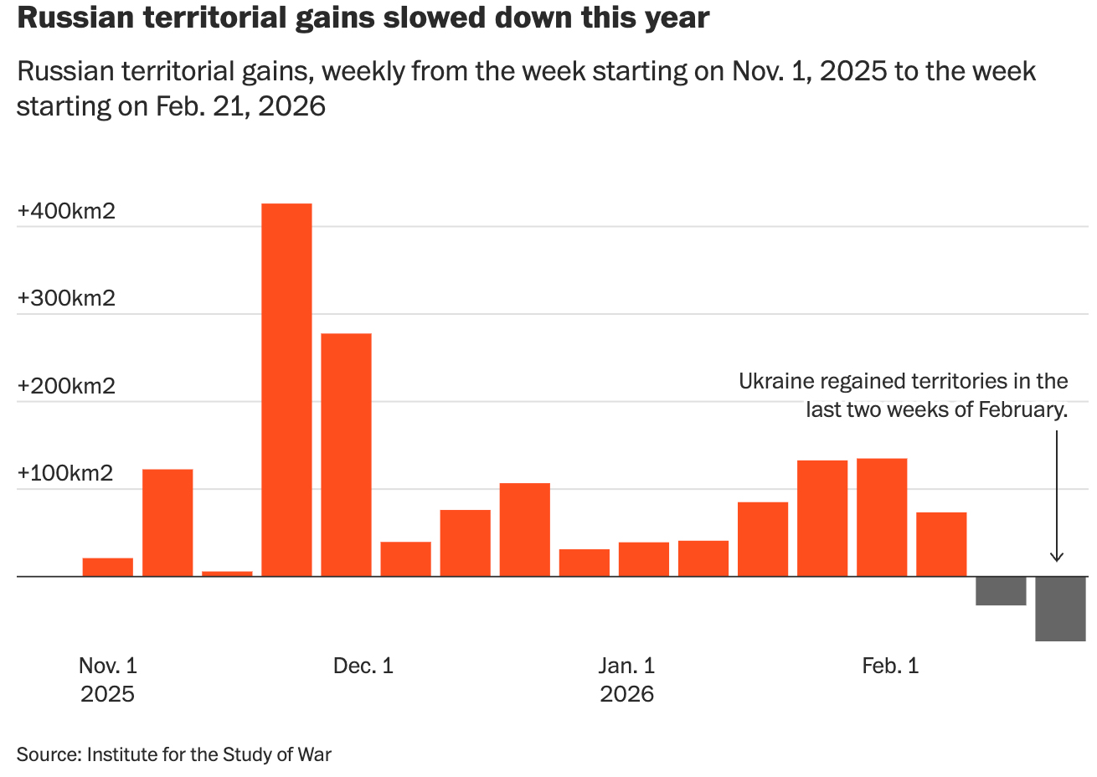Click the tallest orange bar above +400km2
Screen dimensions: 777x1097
286,389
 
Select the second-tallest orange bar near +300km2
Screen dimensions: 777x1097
346,455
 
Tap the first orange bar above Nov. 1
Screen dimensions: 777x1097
108,567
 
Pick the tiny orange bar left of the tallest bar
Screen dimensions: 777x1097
227,574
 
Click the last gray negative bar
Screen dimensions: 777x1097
1060,609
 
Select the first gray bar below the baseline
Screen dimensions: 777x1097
1001,591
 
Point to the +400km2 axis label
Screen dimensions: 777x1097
66,211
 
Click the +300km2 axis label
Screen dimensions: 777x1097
66,298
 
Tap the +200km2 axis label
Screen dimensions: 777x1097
66,386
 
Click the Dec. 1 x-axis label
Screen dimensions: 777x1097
363,666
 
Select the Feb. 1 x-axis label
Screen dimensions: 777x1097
890,666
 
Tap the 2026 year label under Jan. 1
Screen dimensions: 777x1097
626,694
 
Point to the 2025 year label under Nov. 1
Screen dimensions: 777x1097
107,694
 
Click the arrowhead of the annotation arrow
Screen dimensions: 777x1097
1057,557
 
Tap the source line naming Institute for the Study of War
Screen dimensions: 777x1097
174,754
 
